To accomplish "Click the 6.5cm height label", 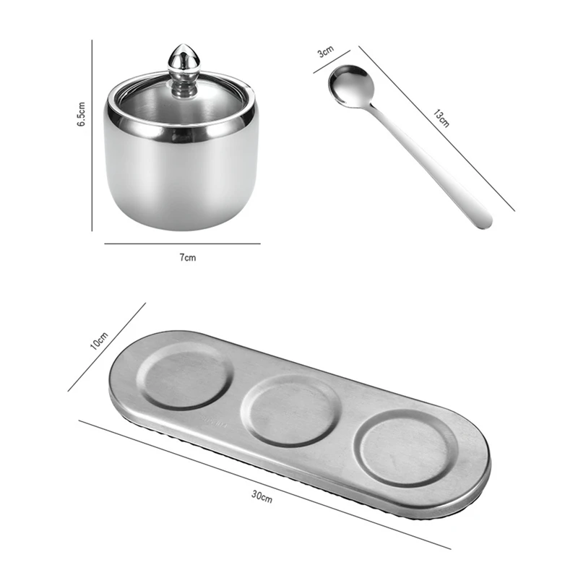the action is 82,114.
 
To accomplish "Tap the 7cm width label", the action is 188,257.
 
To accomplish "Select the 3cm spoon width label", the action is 326,51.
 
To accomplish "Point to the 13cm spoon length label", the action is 441,118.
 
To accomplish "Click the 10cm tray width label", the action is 99,340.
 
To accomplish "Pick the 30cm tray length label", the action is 262,496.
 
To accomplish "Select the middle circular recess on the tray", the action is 290,411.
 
